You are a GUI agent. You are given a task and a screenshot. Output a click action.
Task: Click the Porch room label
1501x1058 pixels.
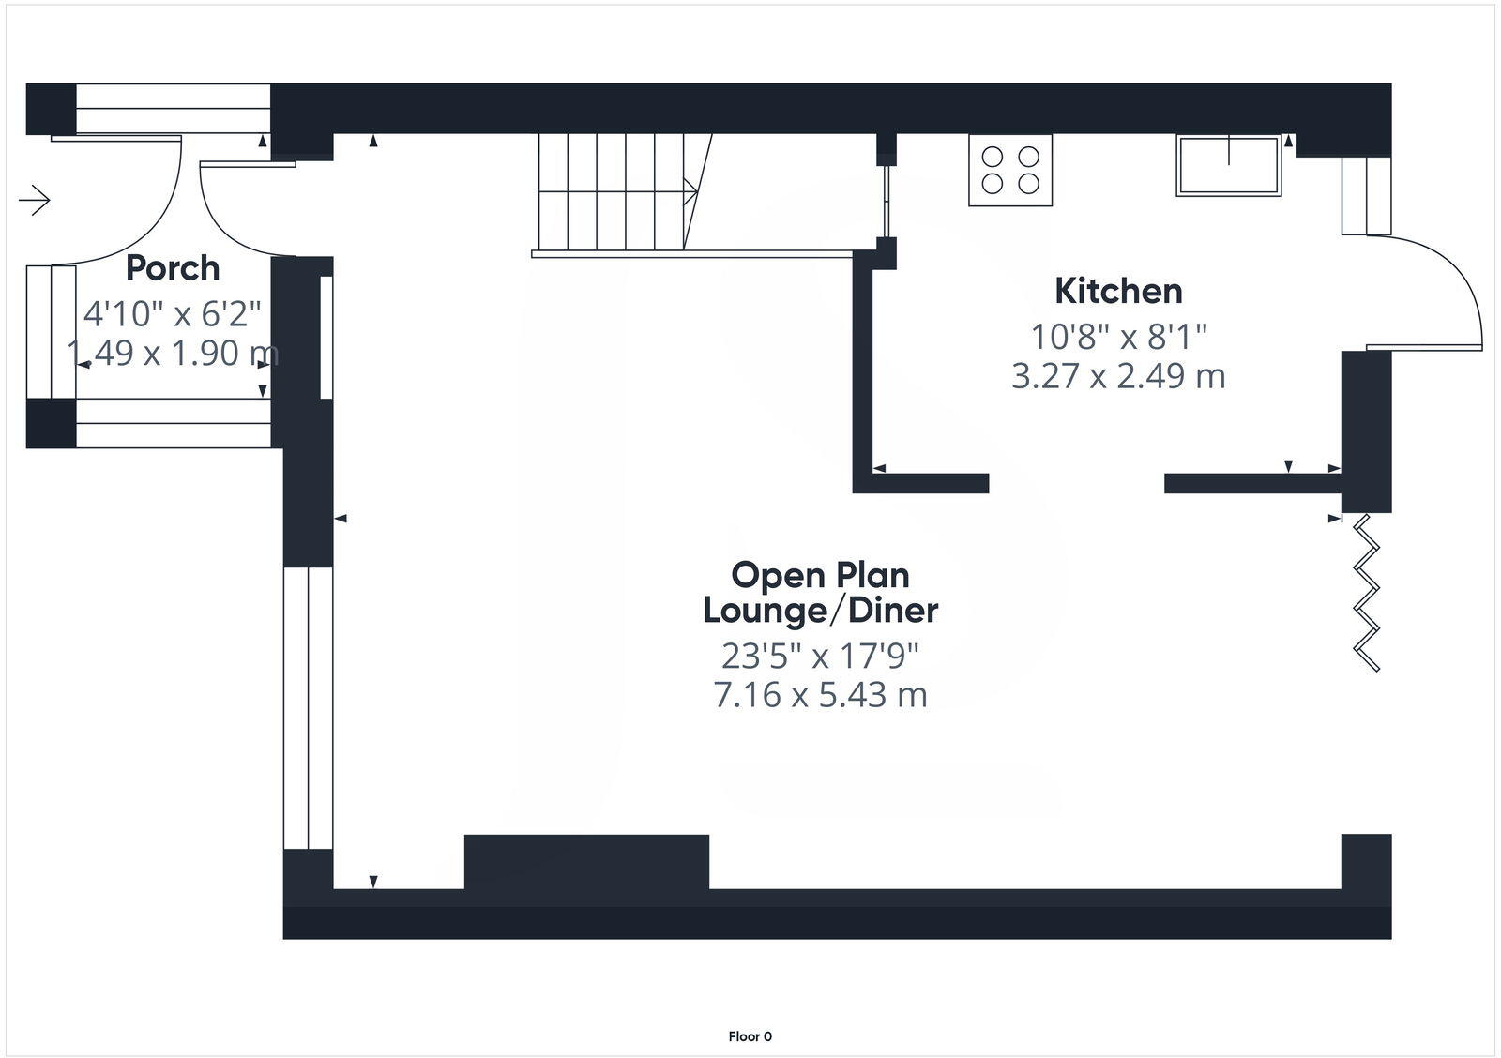click(173, 268)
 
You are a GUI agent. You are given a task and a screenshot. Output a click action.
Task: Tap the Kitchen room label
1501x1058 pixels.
click(1118, 291)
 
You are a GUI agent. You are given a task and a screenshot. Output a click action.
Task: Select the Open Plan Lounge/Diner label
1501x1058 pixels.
click(821, 593)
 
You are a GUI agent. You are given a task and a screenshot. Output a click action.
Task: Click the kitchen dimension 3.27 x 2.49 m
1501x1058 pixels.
click(1118, 376)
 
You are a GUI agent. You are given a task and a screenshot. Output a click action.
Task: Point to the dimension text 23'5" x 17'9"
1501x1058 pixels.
click(821, 656)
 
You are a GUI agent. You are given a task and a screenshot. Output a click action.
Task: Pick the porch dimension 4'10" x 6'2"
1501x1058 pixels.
click(173, 312)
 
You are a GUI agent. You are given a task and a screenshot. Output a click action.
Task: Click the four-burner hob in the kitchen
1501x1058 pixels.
click(1010, 170)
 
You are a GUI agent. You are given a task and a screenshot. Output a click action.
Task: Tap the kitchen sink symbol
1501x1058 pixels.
click(1228, 166)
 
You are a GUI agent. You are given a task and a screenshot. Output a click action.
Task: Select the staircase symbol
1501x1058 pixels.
click(619, 192)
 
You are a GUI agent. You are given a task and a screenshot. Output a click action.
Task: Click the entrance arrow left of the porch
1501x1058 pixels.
click(35, 200)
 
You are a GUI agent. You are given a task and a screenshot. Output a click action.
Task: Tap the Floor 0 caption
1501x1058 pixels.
click(750, 1036)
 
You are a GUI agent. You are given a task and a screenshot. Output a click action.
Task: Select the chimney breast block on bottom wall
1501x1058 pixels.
click(586, 861)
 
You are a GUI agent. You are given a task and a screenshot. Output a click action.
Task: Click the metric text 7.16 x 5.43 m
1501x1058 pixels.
click(821, 695)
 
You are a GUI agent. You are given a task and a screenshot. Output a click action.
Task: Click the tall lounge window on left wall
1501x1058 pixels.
click(308, 708)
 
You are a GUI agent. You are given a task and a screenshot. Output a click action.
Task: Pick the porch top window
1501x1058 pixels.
click(173, 109)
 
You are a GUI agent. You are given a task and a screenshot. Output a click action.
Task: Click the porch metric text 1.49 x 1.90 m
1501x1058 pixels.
click(173, 354)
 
